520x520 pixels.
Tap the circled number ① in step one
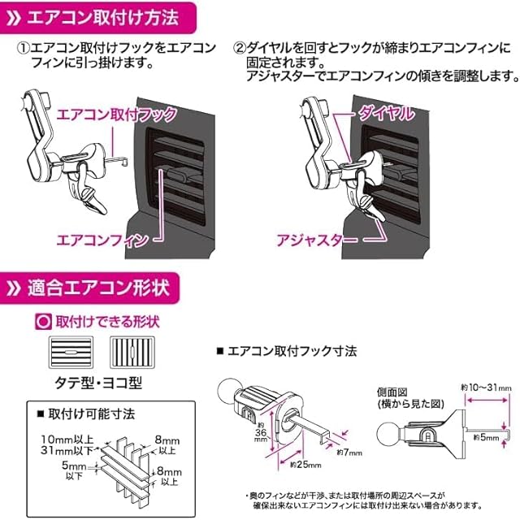pos(24,47)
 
